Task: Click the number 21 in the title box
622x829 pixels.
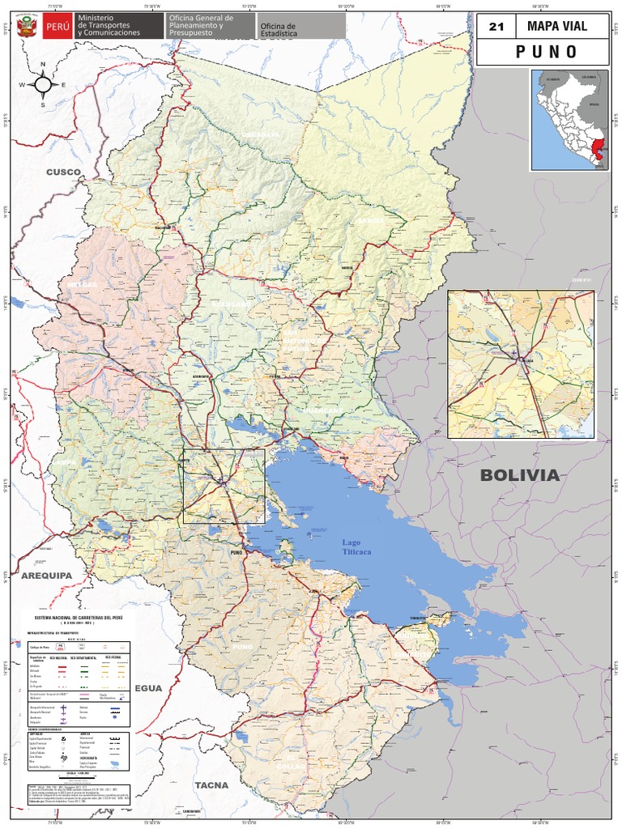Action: [x=496, y=27]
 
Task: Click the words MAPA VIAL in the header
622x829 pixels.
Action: [x=556, y=26]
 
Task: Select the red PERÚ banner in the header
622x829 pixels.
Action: [x=57, y=26]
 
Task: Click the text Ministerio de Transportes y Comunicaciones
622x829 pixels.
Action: [x=109, y=25]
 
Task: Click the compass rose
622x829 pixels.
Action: [x=44, y=83]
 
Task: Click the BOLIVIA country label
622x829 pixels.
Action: [x=519, y=475]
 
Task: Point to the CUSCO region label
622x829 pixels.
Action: [x=64, y=172]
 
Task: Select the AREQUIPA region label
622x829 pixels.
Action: [x=46, y=575]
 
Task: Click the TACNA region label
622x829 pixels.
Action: [x=211, y=785]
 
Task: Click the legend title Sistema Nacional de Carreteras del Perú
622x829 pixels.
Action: [x=79, y=617]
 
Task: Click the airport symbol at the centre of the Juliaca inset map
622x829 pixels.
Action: [x=514, y=352]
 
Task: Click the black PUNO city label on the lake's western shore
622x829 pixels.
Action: [x=236, y=552]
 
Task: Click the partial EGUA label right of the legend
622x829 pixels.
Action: [x=149, y=688]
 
